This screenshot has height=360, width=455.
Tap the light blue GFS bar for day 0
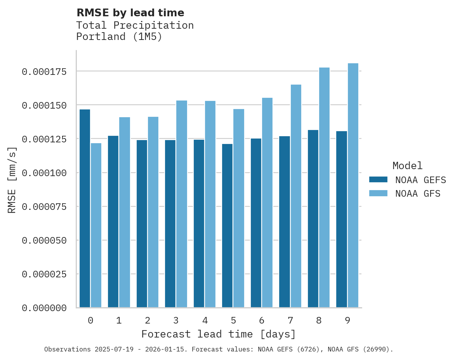point(96,225)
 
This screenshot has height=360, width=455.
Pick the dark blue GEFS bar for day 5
point(227,225)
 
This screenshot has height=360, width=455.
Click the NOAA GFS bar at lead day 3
point(182,204)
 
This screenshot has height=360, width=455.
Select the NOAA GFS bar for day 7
point(296,196)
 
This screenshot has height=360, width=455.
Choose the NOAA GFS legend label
point(418,193)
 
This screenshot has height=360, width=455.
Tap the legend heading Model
point(407,166)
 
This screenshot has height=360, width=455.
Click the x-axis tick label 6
point(262,320)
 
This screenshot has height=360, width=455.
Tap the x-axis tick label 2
point(148,320)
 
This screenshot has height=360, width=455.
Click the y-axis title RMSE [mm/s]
point(12,180)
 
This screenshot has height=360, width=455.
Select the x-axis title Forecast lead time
point(218,334)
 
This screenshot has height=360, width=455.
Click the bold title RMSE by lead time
point(130,13)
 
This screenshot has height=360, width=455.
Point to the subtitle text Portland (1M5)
point(119,37)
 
